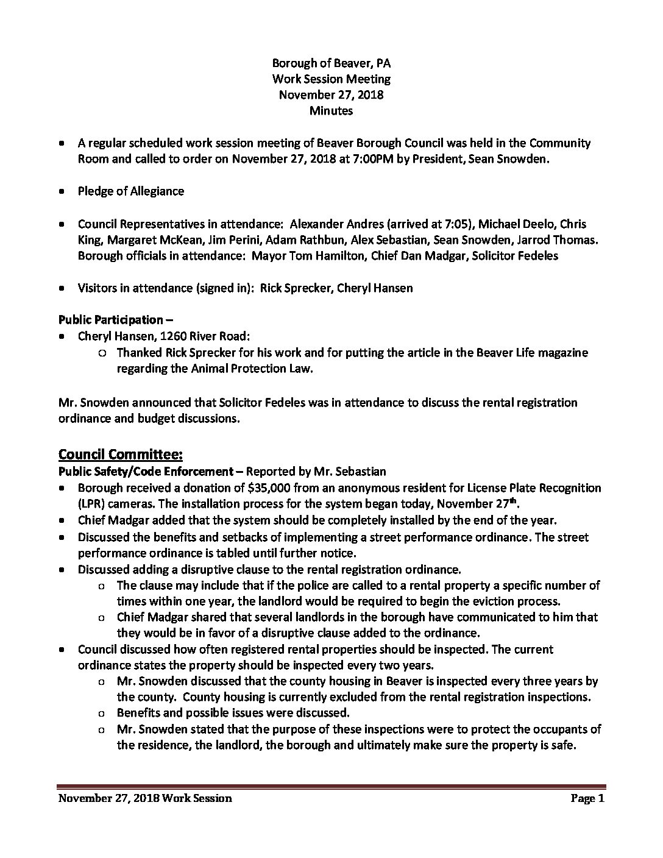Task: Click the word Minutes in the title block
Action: (x=331, y=111)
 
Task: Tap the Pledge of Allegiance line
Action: (x=130, y=191)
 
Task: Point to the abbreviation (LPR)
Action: (x=91, y=505)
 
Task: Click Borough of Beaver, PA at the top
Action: (x=331, y=63)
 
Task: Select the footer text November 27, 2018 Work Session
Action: (x=145, y=798)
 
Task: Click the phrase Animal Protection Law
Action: (x=254, y=369)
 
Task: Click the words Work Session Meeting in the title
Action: (x=331, y=79)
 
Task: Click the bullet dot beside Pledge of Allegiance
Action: (x=63, y=191)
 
